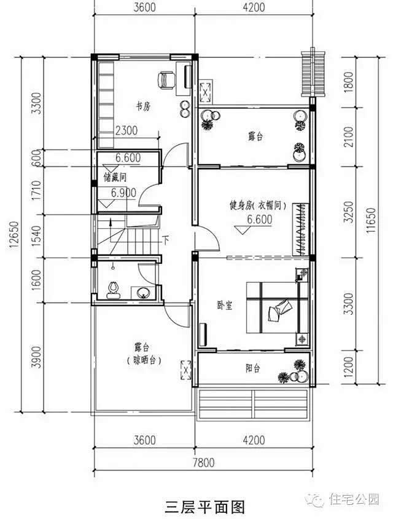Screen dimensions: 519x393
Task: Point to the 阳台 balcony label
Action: coord(253,368)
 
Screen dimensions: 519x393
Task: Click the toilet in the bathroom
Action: coord(112,288)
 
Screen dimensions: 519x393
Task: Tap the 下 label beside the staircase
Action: coord(165,240)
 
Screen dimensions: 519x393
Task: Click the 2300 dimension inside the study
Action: coord(126,130)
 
